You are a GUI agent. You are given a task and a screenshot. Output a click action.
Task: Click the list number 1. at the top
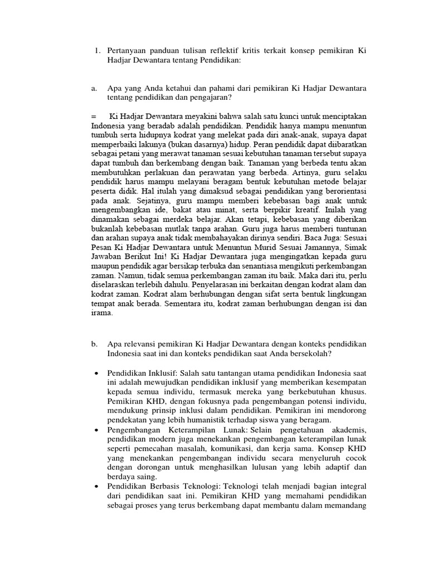click(x=98, y=51)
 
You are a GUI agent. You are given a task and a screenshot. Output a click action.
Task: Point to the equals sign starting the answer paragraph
click(x=93, y=117)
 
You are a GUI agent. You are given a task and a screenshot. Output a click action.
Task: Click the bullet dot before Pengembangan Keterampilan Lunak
click(x=97, y=431)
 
